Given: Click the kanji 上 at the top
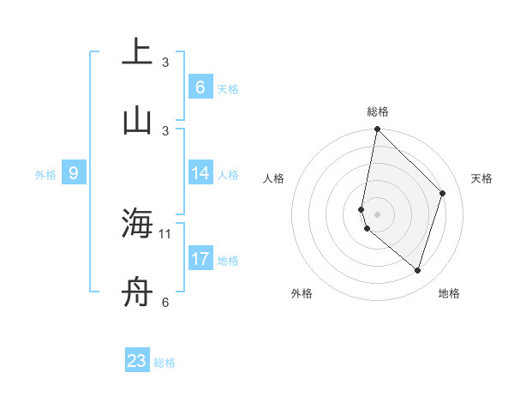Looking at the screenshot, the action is coord(136,52).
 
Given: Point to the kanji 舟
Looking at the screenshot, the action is coord(136,292).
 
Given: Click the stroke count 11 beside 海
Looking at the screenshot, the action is coord(165,233).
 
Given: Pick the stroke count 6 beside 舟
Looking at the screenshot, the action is coord(165,302).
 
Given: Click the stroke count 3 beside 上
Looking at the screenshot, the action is coord(165,63).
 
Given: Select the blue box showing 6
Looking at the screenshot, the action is coord(200,87).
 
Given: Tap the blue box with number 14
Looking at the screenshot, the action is coord(200,173).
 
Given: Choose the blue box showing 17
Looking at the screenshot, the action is coord(200,259).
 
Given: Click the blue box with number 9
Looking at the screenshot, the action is coord(74,173).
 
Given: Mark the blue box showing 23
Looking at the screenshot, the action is coord(137,361).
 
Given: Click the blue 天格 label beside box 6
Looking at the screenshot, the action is coord(228,89).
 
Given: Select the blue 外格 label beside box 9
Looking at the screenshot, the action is coord(45,175).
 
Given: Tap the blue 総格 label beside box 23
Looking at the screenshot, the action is coord(165,363).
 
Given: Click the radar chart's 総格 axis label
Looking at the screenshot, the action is coord(378,111).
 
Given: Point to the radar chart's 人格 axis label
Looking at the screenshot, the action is coord(273,178).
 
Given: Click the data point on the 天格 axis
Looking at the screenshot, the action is coord(443,193).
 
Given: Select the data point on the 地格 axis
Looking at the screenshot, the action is coord(418,271).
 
